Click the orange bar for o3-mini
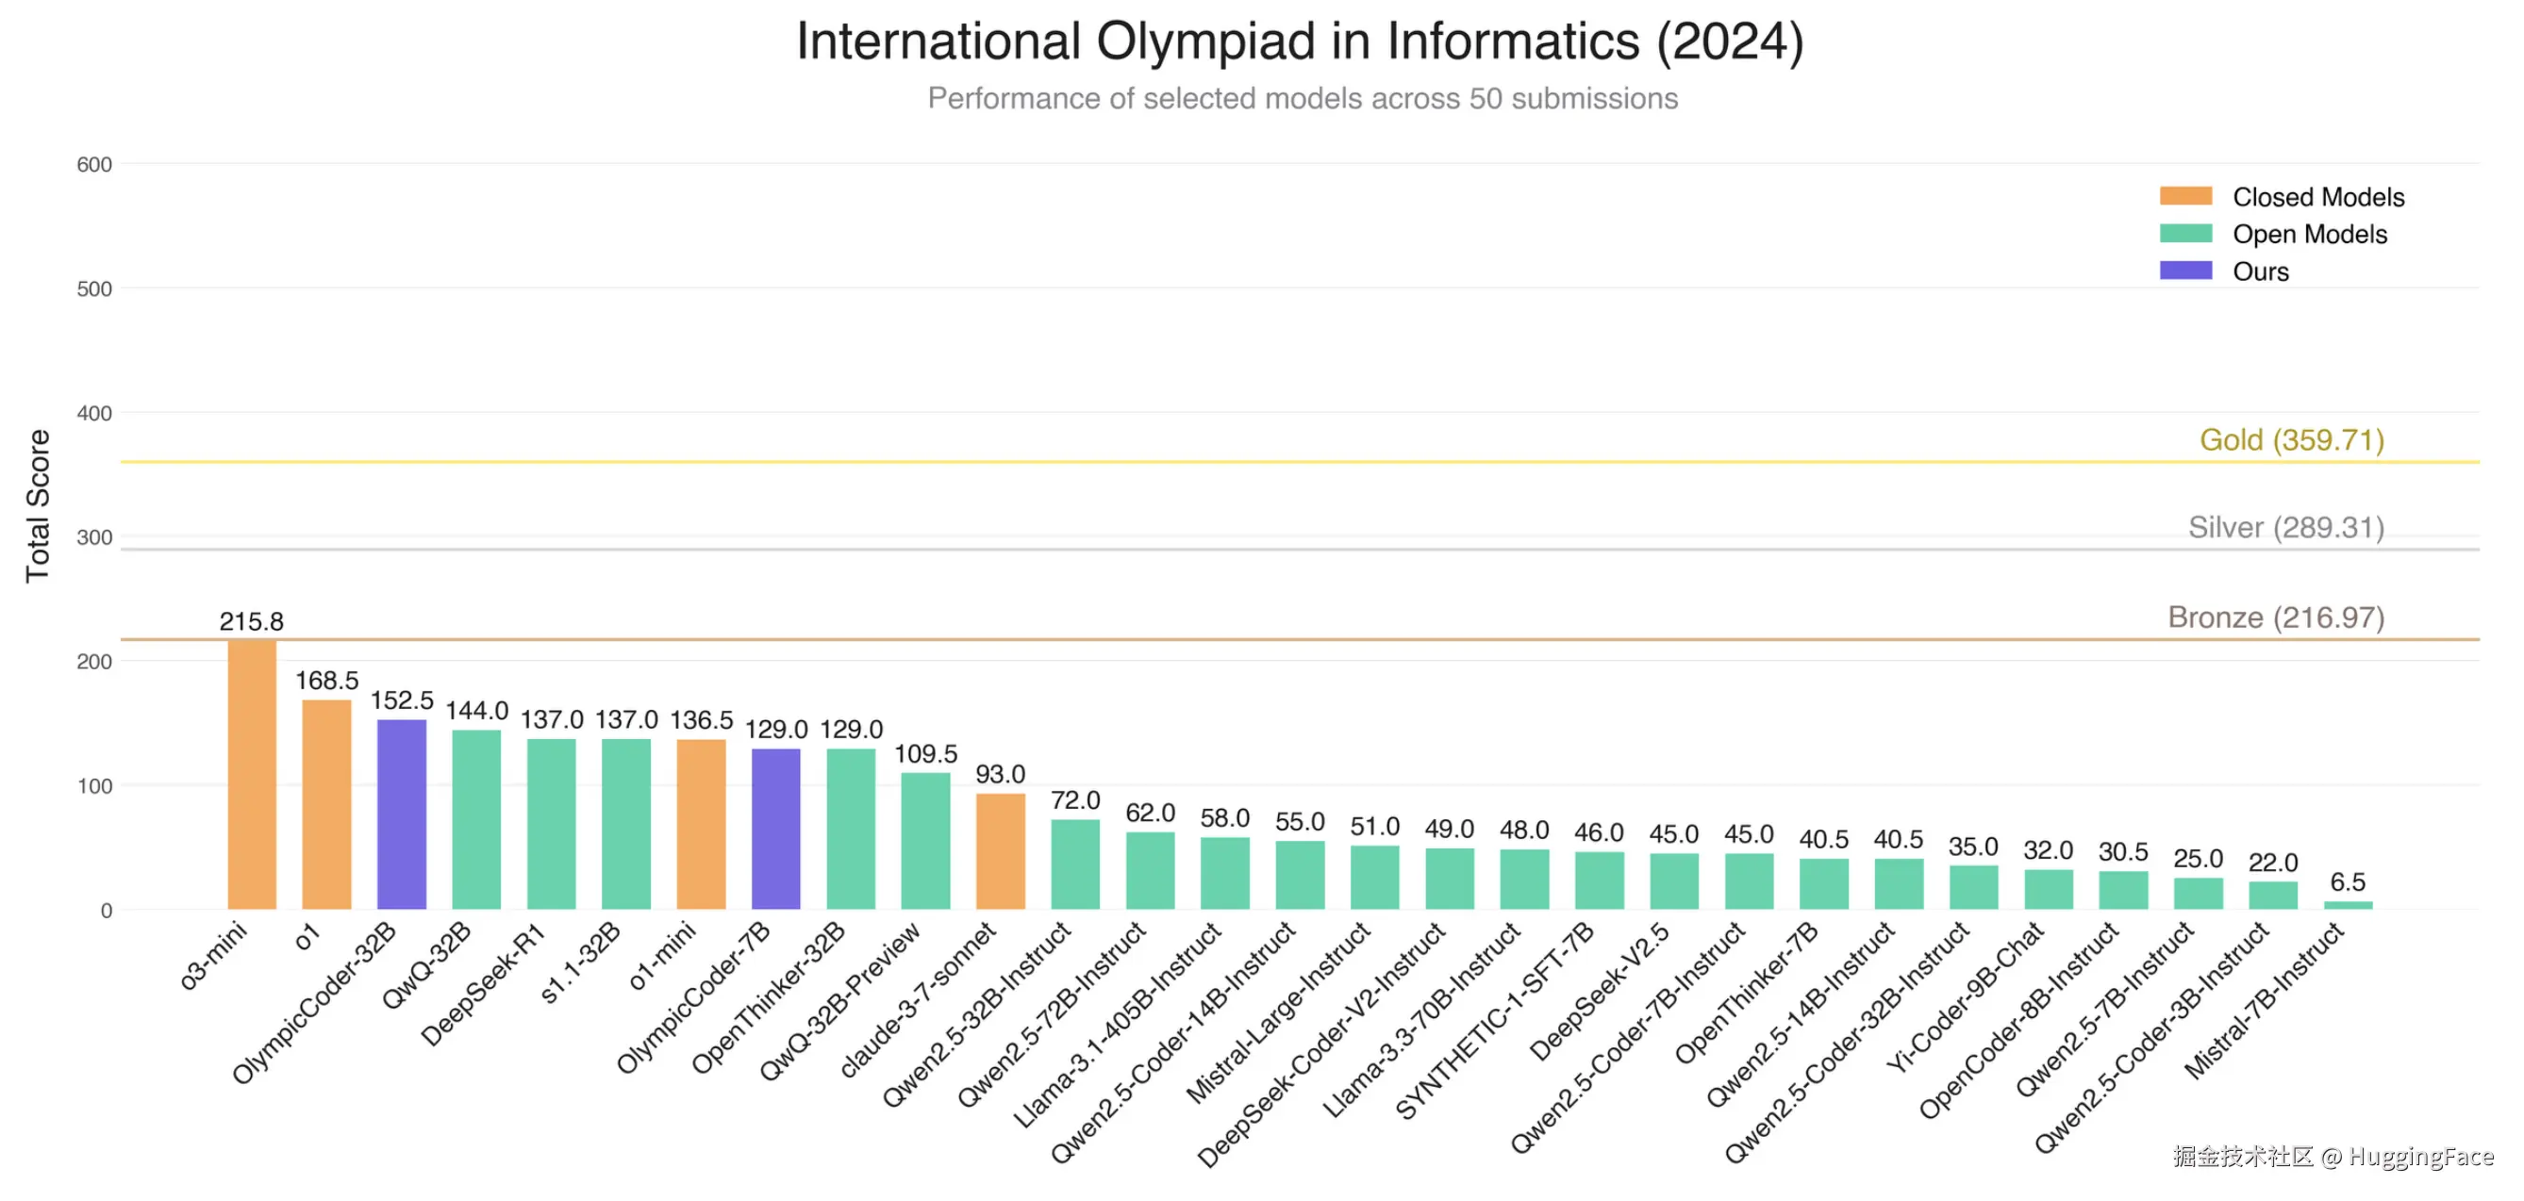[x=252, y=774]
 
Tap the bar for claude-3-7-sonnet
[x=1001, y=850]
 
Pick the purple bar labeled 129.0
[x=776, y=829]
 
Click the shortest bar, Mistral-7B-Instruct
[x=2348, y=905]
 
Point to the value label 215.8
[x=252, y=621]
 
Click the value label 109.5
[x=925, y=753]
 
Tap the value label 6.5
[x=2348, y=881]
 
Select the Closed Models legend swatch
[x=2185, y=196]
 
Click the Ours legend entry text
[x=2261, y=271]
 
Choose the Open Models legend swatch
[x=2185, y=233]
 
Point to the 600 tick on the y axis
[x=94, y=165]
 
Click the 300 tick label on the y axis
[x=94, y=536]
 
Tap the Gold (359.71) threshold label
[x=2292, y=440]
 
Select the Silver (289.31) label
[x=2286, y=527]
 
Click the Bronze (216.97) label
[x=2275, y=617]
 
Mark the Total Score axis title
[x=37, y=505]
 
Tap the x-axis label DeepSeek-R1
[x=482, y=984]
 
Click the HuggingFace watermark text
[x=2420, y=1157]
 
